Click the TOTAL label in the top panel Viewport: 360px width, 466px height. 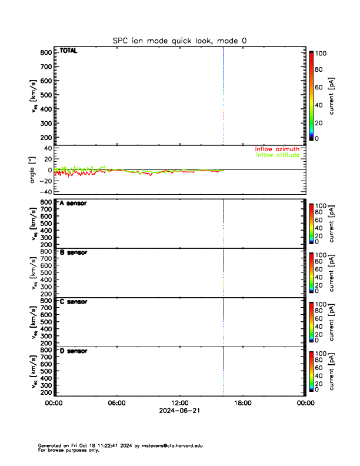point(68,51)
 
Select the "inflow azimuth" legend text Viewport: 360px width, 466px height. point(277,149)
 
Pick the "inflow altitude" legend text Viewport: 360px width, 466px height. point(277,156)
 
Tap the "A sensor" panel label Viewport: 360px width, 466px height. point(73,203)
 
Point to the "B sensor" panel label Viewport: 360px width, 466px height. point(73,252)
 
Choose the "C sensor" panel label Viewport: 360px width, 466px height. point(73,302)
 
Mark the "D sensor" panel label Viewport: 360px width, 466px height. point(73,351)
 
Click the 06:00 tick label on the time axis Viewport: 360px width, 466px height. point(116,403)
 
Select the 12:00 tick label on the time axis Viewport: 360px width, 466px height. point(179,403)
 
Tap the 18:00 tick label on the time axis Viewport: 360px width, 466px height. point(243,403)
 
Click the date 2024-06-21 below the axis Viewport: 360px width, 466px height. point(179,411)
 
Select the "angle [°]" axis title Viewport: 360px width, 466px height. point(34,170)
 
